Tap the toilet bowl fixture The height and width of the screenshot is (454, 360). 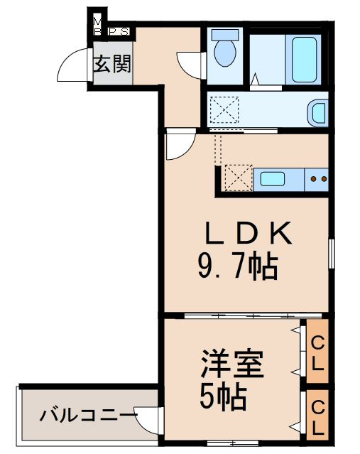point(226,48)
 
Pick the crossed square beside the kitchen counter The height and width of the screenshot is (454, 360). point(237,178)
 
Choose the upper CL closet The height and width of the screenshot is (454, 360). point(317,353)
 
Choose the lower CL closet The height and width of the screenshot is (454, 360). point(317,417)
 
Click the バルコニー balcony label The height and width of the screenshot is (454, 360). point(87,414)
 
